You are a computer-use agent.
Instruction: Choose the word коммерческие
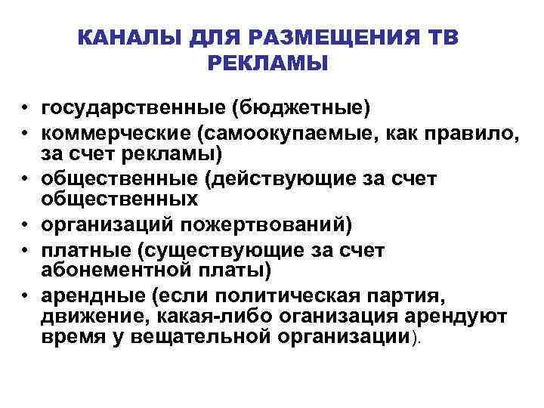pos(112,134)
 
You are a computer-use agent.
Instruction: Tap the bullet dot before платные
pos(25,250)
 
